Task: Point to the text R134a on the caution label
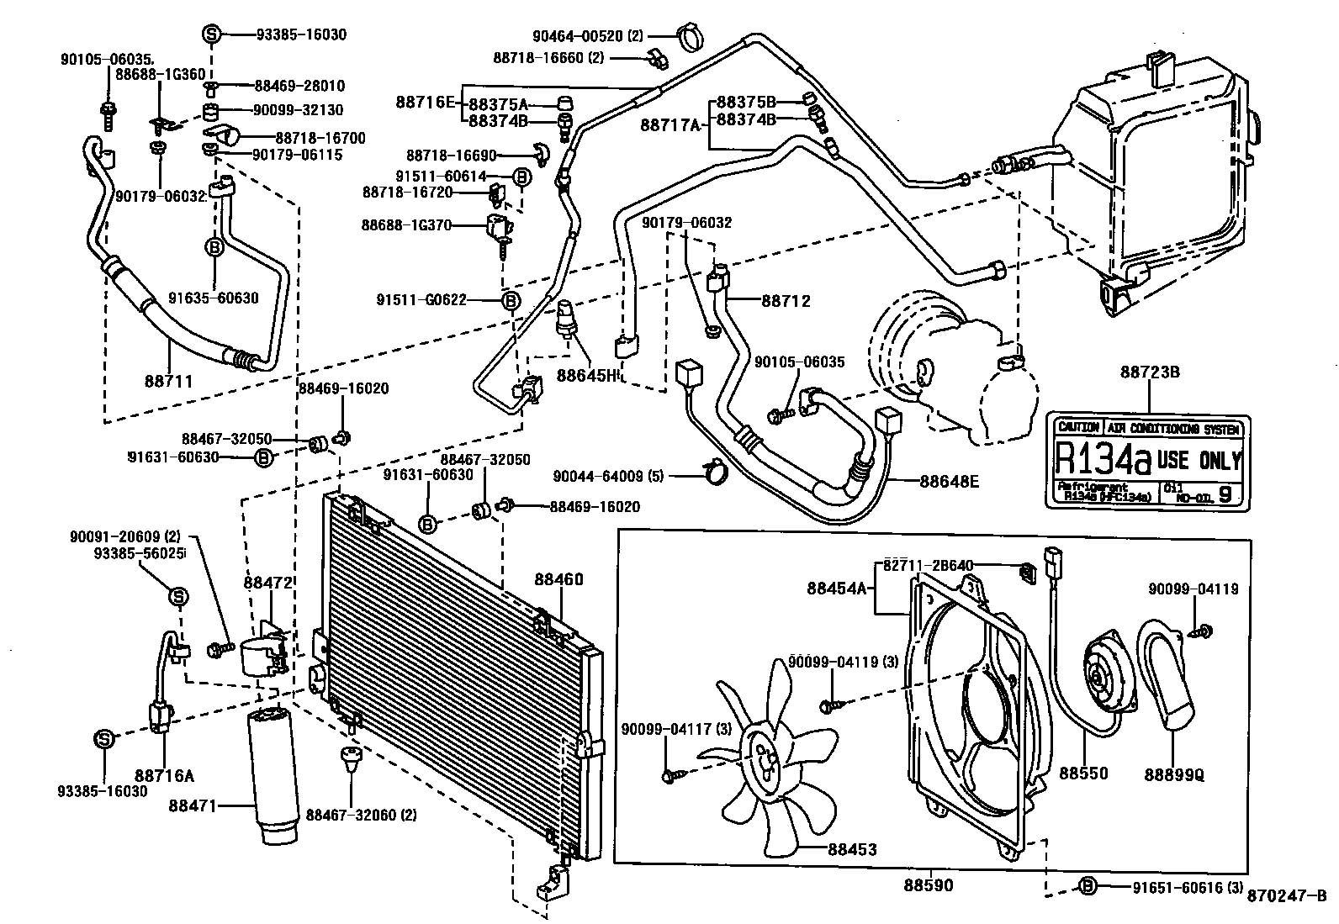pyautogui.click(x=1102, y=459)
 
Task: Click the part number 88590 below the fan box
pyautogui.click(x=929, y=885)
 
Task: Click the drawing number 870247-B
pyautogui.click(x=1287, y=895)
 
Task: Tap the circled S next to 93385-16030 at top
pyautogui.click(x=211, y=34)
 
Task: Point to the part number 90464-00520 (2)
pyautogui.click(x=600, y=35)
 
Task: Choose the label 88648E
pyautogui.click(x=949, y=481)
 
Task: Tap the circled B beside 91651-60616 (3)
pyautogui.click(x=1088, y=885)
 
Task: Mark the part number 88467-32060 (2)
pyautogui.click(x=362, y=815)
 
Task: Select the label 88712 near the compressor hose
pyautogui.click(x=786, y=300)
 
